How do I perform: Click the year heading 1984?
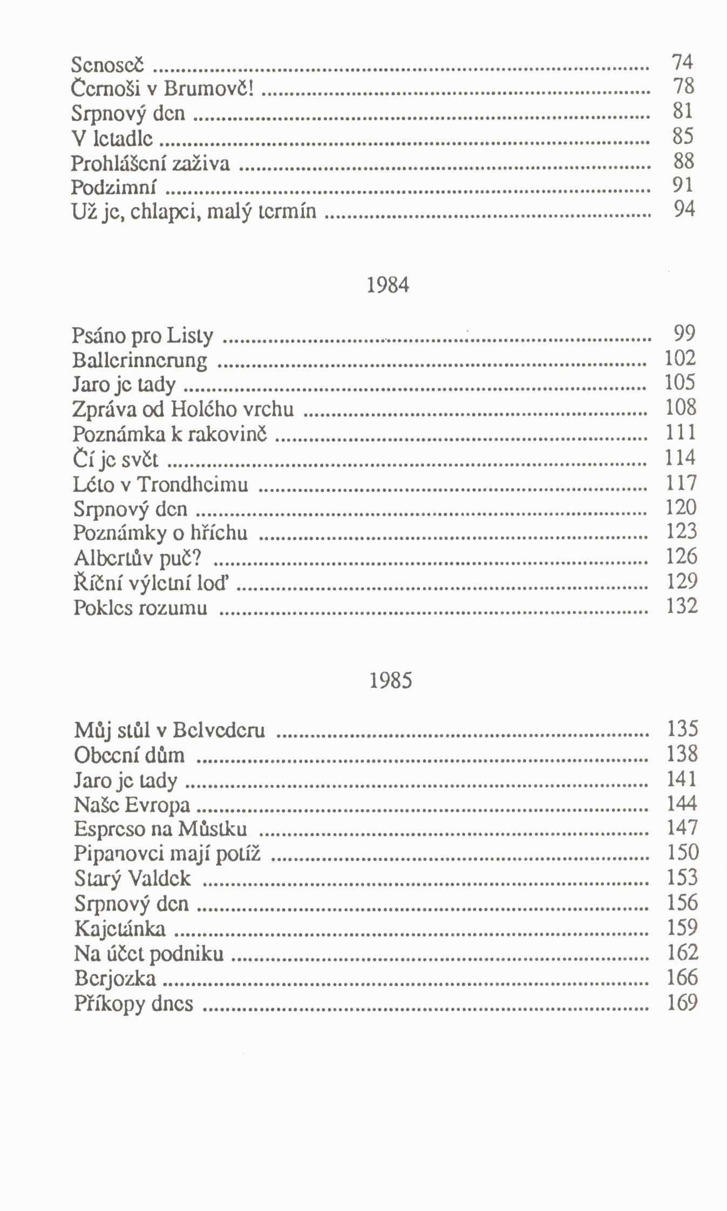[x=388, y=285]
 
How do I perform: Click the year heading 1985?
[x=391, y=681]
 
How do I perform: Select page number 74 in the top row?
[x=682, y=63]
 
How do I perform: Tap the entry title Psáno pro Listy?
[x=142, y=337]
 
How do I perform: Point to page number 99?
[x=684, y=333]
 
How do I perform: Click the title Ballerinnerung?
[x=140, y=361]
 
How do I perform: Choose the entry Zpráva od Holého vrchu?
[x=183, y=409]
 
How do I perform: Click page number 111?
[x=681, y=433]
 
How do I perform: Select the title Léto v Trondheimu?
[x=160, y=484]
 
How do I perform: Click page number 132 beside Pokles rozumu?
[x=682, y=606]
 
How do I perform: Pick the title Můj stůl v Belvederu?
[x=169, y=731]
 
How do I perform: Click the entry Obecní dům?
[x=129, y=756]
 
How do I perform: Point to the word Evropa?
[x=158, y=806]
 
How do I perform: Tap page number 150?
[x=683, y=852]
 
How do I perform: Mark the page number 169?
[x=683, y=1003]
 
